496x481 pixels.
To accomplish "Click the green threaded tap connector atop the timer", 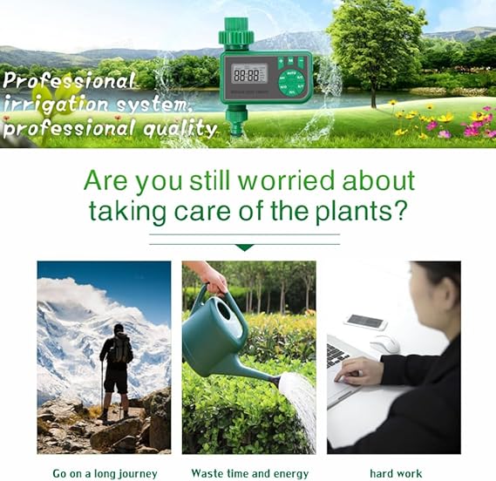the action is coord(235,31).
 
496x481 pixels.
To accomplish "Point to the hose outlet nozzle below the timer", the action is coord(234,125).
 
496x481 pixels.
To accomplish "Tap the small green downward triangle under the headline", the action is coord(245,247).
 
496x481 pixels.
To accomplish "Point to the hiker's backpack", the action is coord(120,349).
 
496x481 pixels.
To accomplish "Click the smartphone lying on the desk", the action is coord(365,322).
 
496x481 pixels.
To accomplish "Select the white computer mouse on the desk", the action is coord(385,343).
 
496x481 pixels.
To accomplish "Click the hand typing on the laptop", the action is coord(357,371).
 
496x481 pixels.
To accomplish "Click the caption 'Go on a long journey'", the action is coord(105,474).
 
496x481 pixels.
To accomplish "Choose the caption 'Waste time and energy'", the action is coord(250,473).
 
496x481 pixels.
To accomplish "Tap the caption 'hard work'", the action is coord(396,473).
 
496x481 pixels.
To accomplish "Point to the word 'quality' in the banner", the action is coord(180,129).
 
